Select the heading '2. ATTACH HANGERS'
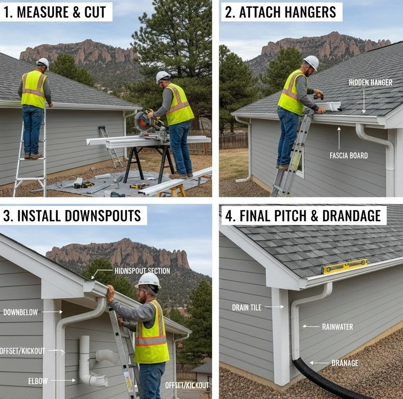tap(281, 12)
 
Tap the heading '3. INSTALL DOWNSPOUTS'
tap(72, 215)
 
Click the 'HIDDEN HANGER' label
tap(370, 82)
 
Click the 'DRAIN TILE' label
tap(246, 308)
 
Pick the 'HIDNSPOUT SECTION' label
tap(142, 271)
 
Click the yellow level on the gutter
tap(344, 266)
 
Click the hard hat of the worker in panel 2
tap(311, 62)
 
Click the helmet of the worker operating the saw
tap(163, 76)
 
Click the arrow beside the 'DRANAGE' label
tap(319, 362)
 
